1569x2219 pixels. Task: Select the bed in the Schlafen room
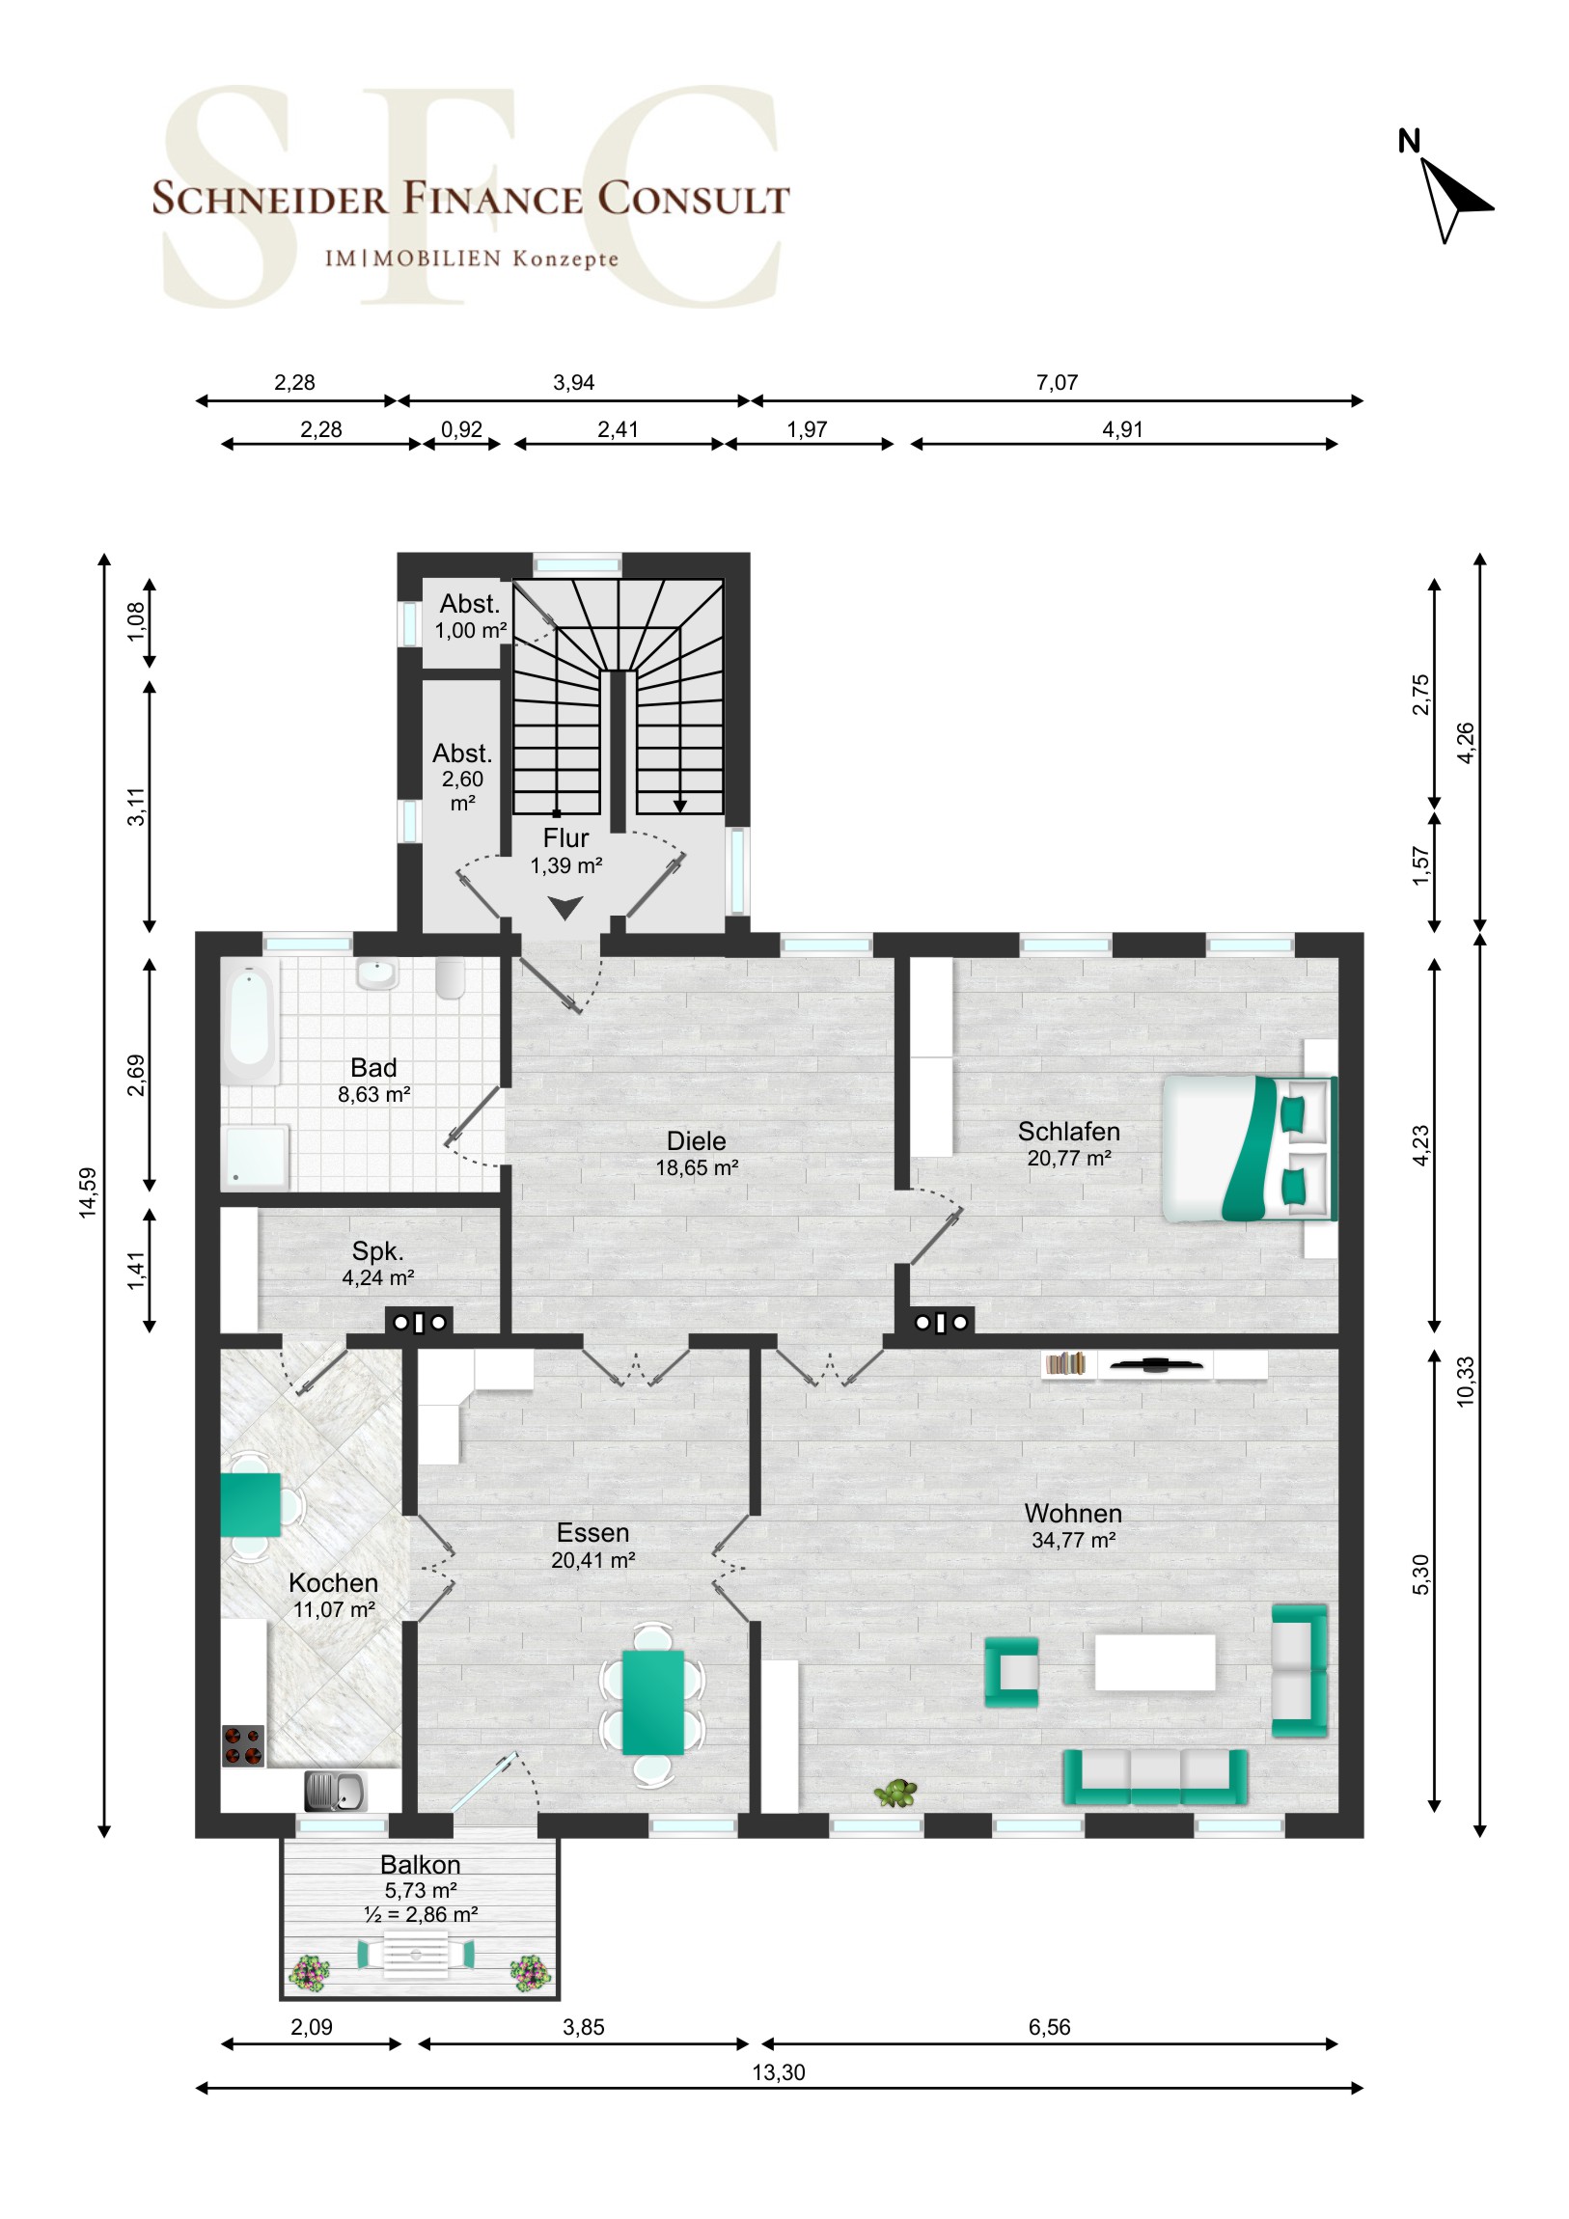(x=1250, y=1148)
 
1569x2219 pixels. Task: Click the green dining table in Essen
(x=652, y=1702)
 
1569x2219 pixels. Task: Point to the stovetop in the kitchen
(x=242, y=1745)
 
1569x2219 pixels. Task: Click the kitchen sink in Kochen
(x=335, y=1791)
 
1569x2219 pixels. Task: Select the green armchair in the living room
(x=1011, y=1671)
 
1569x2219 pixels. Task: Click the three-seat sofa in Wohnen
(x=1155, y=1777)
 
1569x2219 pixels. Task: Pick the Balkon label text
(x=421, y=1864)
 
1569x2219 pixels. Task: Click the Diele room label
(x=696, y=1140)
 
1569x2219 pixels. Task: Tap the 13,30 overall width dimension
(x=778, y=2072)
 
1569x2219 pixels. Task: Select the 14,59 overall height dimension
(x=88, y=1192)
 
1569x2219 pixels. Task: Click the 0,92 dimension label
(x=461, y=429)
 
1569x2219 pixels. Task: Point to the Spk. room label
(x=377, y=1251)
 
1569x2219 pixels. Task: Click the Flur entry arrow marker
(x=564, y=908)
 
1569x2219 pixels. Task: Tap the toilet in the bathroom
(x=451, y=978)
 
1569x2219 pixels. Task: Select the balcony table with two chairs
(x=416, y=1955)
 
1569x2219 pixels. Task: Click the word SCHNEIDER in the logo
(x=270, y=198)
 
